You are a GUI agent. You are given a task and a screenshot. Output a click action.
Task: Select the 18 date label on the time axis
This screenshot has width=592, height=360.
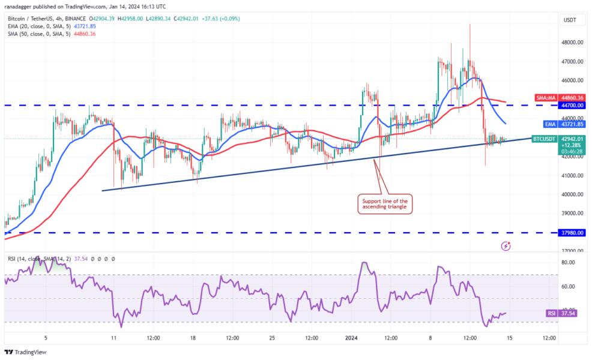point(193,338)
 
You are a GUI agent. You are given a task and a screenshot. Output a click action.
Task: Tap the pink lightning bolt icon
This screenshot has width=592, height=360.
point(507,245)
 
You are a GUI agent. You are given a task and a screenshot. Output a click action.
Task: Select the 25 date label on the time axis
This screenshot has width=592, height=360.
point(272,338)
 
